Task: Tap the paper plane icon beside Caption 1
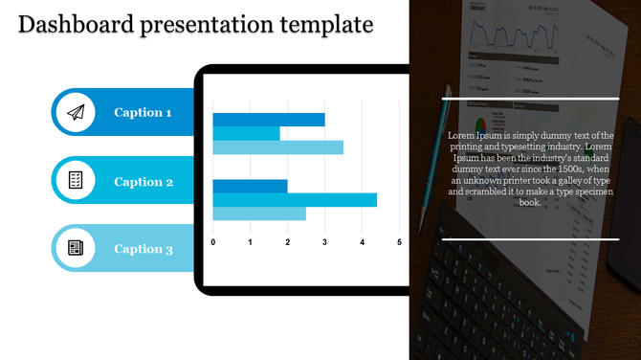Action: coord(76,113)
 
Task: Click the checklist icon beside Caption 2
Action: coord(76,181)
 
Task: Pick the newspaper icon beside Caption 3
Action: coord(76,249)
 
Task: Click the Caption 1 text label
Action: coord(143,113)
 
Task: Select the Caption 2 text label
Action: coord(144,182)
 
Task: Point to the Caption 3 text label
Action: coord(144,249)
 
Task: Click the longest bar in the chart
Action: coord(295,200)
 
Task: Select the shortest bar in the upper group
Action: coord(246,134)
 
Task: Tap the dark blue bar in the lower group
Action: coord(250,186)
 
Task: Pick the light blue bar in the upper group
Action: coord(277,147)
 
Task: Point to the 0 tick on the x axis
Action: coord(212,242)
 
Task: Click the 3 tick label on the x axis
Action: coord(324,242)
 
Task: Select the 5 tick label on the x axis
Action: coord(399,242)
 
